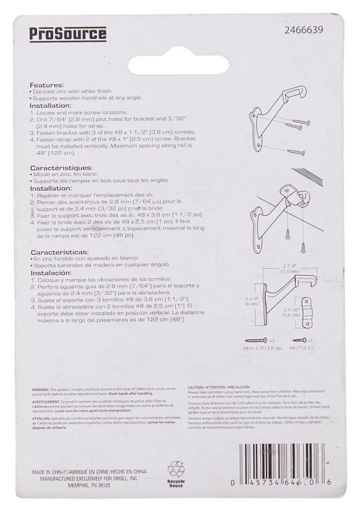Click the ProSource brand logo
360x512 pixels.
68,34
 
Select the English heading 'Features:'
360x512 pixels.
47,84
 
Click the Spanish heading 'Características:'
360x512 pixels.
60,252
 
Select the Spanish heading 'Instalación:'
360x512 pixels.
54,272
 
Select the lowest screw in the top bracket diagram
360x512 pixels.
295,152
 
